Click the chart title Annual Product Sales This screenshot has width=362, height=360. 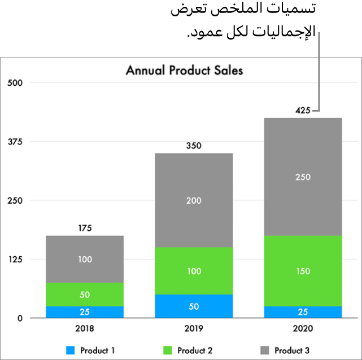click(184, 71)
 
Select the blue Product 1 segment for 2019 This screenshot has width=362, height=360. click(194, 306)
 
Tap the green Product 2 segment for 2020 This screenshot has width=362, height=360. click(303, 271)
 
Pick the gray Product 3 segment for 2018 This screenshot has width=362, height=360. click(85, 259)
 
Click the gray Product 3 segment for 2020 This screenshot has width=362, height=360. click(303, 177)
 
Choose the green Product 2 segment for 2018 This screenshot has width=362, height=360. click(85, 295)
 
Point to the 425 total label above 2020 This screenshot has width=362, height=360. click(303, 111)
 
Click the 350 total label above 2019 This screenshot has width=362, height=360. click(194, 146)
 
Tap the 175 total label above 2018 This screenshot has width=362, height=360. click(85, 229)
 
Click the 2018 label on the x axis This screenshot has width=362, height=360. click(85, 328)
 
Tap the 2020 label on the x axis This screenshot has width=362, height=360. click(303, 328)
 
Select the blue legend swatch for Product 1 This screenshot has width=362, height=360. click(71, 350)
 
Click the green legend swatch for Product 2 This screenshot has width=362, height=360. click(168, 350)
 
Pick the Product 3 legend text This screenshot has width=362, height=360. click(292, 350)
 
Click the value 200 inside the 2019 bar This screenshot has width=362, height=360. click(194, 200)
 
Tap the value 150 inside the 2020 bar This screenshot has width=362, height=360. click(303, 271)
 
